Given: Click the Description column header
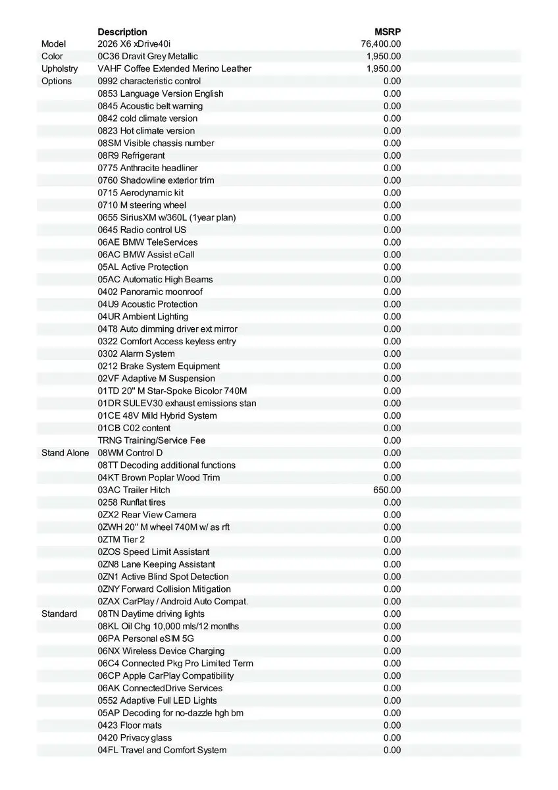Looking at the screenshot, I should pos(122,32).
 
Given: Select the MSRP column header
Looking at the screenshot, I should pos(388,32).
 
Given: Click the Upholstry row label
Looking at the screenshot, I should pos(59,68).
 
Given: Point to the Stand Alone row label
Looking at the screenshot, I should pos(65,453).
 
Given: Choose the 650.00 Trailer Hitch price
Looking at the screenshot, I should pos(387,490).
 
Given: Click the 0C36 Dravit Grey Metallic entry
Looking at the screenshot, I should pos(147,57).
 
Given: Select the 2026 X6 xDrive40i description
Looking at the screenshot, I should pos(134,44).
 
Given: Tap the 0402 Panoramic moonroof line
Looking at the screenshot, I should pos(150,292).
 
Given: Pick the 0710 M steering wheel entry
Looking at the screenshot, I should pos(142,205).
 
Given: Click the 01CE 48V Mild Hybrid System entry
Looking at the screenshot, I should pos(157,415).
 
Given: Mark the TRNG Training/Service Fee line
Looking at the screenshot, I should pos(152,440).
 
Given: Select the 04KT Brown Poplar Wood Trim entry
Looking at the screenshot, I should pos(159,477).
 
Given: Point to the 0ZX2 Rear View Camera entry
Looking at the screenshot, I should pos(147,515).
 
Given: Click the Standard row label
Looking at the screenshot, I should pos(59,614).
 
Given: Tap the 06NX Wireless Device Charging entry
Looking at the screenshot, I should pos(161,651).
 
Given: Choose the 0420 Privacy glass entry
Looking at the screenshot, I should pos(135,738).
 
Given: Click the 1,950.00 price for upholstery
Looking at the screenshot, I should pos(384,68).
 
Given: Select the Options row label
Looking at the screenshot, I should pos(57,81).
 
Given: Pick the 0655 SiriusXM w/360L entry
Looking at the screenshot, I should pos(166,217).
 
